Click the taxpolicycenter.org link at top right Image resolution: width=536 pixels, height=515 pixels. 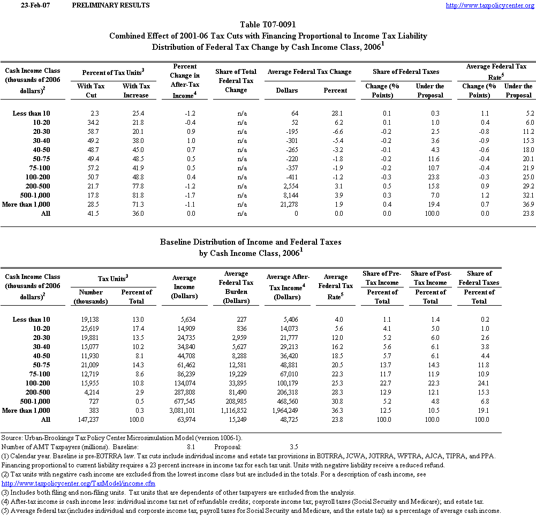click(490, 5)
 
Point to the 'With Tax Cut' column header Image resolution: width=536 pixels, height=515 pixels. click(90, 90)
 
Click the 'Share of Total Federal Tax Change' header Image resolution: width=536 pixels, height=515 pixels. click(236, 81)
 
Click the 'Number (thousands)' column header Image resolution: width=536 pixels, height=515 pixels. click(90, 297)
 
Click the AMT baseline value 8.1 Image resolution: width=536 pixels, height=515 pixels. click(191, 446)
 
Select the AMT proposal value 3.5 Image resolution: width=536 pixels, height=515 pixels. click(294, 446)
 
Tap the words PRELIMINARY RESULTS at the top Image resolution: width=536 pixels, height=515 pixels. click(110, 5)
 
